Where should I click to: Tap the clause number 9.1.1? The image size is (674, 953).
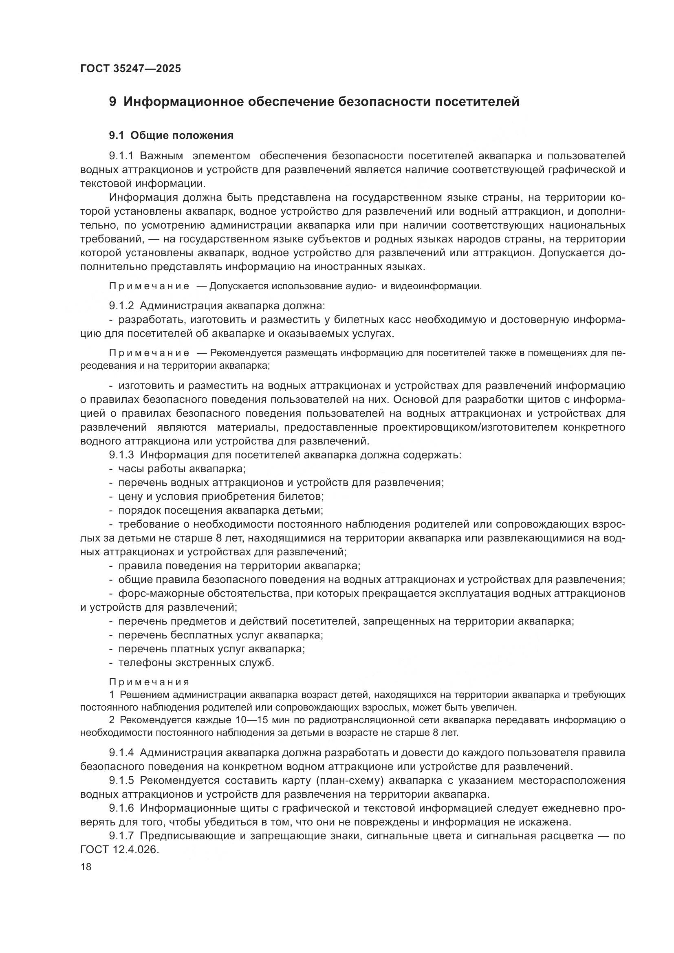pyautogui.click(x=122, y=156)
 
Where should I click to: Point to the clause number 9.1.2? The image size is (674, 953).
pyautogui.click(x=122, y=306)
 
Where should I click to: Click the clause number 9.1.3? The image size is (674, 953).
pyautogui.click(x=122, y=455)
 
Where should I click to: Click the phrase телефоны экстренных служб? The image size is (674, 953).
pyautogui.click(x=196, y=663)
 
